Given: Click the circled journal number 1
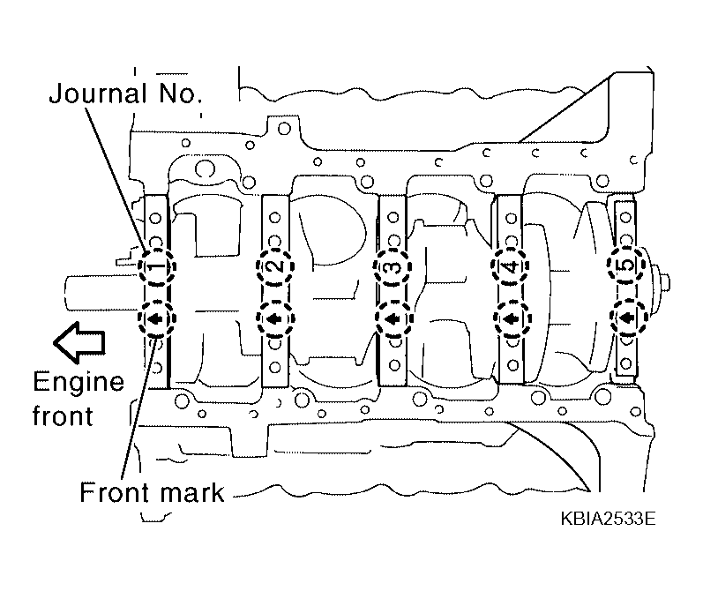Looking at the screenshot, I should [156, 267].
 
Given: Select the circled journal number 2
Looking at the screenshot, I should [274, 266].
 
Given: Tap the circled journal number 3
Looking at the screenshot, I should [392, 266].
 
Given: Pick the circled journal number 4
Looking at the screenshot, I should [509, 266].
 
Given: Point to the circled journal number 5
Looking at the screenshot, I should [625, 266].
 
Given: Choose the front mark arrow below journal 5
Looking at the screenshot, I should [625, 318].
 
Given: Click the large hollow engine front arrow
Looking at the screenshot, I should [78, 340].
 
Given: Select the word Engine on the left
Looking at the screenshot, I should [78, 383].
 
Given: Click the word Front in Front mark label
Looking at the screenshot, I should [112, 491].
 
